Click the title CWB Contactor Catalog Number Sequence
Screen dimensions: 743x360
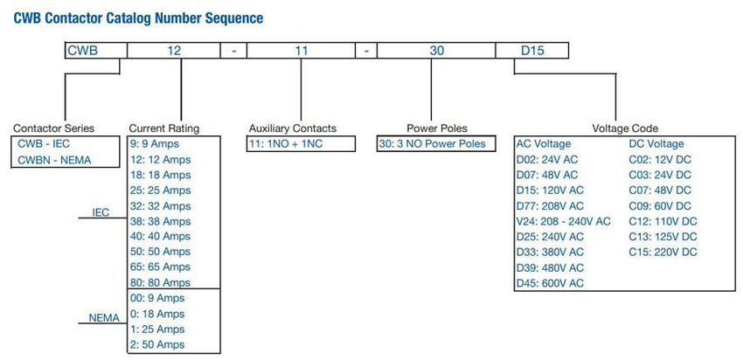pyautogui.click(x=138, y=18)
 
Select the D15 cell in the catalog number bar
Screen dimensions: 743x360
pyautogui.click(x=532, y=50)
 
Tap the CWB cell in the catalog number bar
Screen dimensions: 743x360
pyautogui.click(x=96, y=50)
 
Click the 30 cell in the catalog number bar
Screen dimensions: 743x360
pyautogui.click(x=436, y=50)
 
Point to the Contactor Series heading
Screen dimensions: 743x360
pyautogui.click(x=53, y=128)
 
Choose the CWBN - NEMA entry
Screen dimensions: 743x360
pyautogui.click(x=54, y=160)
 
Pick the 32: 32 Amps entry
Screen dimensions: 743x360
pyautogui.click(x=160, y=206)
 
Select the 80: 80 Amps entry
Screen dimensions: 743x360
pyautogui.click(x=160, y=283)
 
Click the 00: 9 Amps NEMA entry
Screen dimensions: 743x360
pyautogui.click(x=157, y=299)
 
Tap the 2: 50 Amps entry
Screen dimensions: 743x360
pyautogui.click(x=157, y=344)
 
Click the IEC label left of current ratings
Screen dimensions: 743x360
pyautogui.click(x=101, y=212)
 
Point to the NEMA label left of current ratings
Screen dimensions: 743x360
pyautogui.click(x=104, y=318)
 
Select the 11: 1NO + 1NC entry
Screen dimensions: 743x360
pyautogui.click(x=285, y=143)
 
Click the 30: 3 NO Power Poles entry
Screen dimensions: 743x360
pyautogui.click(x=433, y=143)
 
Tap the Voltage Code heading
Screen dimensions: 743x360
pyautogui.click(x=625, y=128)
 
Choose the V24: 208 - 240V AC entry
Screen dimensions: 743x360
pyautogui.click(x=564, y=221)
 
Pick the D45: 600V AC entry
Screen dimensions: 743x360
pyautogui.click(x=550, y=283)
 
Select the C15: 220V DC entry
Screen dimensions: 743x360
pyautogui.click(x=663, y=252)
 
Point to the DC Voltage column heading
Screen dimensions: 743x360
pyautogui.click(x=656, y=144)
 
